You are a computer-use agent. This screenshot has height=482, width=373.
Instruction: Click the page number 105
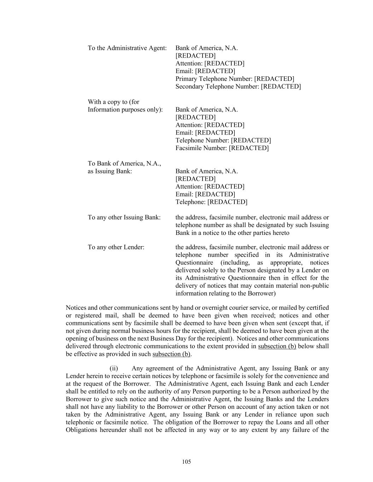coord(187,462)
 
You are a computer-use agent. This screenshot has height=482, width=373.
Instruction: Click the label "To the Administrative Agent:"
coord(127,48)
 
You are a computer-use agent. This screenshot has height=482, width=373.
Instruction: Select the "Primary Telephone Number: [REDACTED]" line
coord(234,79)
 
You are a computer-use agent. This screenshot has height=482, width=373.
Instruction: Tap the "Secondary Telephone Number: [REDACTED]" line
coord(238,87)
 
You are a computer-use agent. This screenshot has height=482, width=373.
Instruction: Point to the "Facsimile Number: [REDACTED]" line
coord(222,148)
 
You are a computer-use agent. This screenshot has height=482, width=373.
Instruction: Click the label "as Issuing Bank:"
coord(110,171)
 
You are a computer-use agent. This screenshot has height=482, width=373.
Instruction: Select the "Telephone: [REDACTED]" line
coord(211,202)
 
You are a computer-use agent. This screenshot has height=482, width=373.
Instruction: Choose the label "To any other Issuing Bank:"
coord(124,217)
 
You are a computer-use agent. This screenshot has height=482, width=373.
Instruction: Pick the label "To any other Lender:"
coord(116,247)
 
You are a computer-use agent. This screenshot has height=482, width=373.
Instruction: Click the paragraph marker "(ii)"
coord(113,368)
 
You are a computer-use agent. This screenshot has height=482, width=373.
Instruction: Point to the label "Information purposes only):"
coord(125,109)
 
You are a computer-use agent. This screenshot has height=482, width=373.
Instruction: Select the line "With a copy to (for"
coord(113,102)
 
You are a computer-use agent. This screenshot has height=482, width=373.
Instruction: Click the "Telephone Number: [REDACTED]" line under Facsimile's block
coord(223,140)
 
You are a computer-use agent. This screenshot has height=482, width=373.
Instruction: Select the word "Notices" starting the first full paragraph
coord(76,308)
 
